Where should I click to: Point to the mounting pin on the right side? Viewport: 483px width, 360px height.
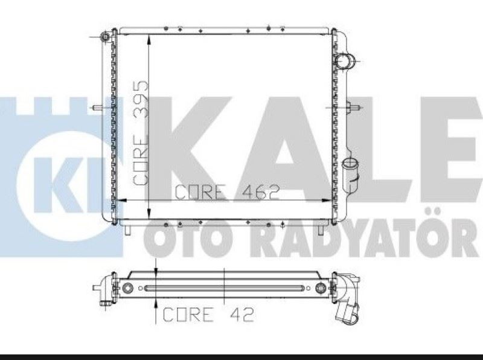coord(356,108)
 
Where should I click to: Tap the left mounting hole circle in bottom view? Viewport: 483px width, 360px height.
coord(127,288)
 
